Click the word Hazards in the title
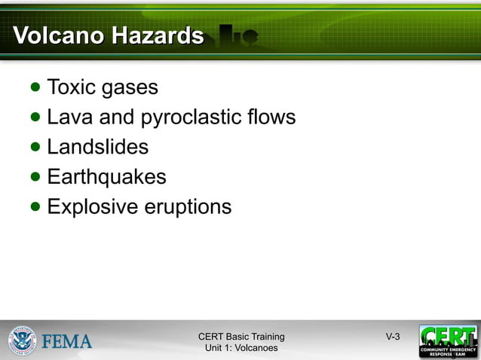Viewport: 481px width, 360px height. coord(159,35)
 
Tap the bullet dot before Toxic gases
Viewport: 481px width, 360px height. coord(36,87)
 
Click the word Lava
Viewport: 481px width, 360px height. coord(69,117)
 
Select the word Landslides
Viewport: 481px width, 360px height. coord(97,147)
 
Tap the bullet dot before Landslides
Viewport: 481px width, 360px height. coord(36,147)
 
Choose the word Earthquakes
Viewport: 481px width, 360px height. coord(106,177)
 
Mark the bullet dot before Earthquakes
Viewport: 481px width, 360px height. coord(36,177)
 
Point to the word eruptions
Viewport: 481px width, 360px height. coord(188,207)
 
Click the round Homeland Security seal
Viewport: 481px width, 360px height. coord(23,340)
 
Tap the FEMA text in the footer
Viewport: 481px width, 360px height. coord(67,341)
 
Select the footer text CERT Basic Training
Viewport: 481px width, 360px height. coord(241,337)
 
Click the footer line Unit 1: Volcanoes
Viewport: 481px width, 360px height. coord(241,348)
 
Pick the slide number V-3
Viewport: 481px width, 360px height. coord(393,337)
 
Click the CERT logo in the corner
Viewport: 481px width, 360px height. coord(448,340)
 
